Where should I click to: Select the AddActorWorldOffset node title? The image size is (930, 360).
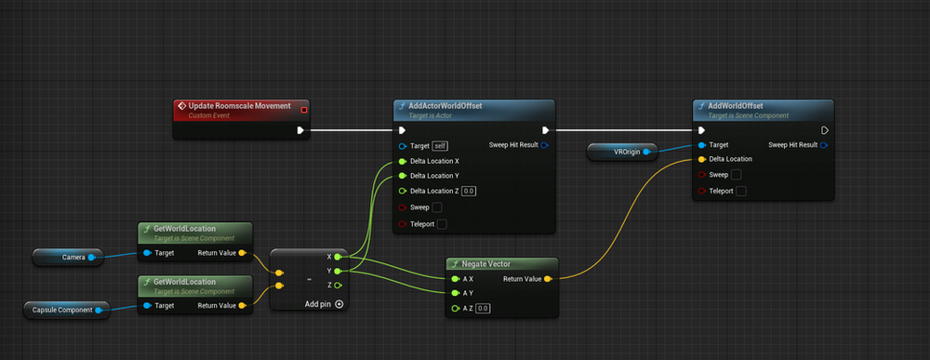click(445, 106)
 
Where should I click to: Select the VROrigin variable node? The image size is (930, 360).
click(622, 150)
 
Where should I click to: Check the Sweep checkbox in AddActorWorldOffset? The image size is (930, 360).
click(437, 207)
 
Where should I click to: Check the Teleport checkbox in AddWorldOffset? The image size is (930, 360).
click(740, 191)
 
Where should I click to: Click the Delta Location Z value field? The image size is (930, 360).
click(469, 191)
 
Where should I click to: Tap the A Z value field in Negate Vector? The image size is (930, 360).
click(482, 308)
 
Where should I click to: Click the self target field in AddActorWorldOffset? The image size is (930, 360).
click(440, 146)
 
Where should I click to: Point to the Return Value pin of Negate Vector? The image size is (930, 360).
click(548, 278)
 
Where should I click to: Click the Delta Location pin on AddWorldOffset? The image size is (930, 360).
click(701, 159)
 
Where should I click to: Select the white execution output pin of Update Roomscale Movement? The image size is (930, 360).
click(299, 130)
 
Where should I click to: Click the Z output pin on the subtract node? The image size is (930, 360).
click(338, 285)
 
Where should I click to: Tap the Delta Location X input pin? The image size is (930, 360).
click(402, 161)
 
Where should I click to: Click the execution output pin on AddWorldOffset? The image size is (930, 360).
click(824, 130)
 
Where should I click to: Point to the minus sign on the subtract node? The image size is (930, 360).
click(308, 278)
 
